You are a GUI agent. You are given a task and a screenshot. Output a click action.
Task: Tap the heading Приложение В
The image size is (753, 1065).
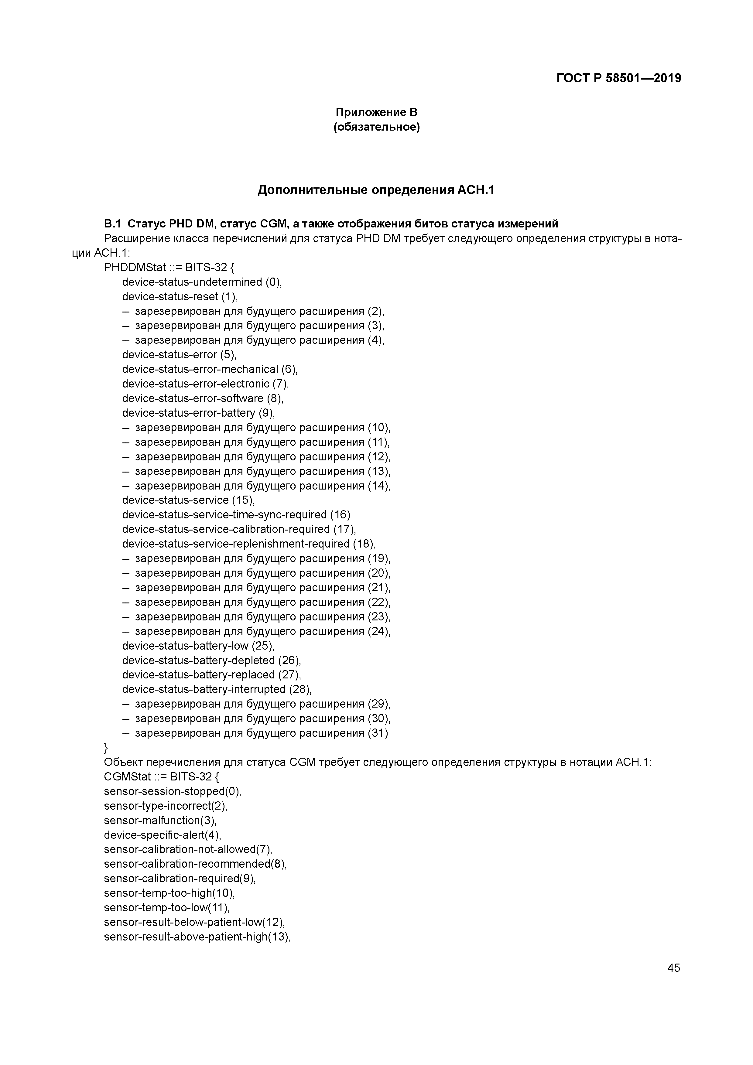(x=376, y=112)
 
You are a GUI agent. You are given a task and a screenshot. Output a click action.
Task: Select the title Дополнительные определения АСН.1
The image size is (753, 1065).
(x=376, y=190)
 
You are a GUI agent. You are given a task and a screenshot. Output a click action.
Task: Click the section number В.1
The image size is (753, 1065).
(x=113, y=224)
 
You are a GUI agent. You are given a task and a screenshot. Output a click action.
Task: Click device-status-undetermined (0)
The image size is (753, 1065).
(x=202, y=282)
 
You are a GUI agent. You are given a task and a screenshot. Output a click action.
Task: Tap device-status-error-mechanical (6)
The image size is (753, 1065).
(x=210, y=369)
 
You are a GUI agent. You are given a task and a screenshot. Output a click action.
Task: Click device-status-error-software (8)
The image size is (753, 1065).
(x=202, y=398)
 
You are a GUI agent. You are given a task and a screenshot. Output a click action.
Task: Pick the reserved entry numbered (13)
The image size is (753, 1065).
(x=257, y=471)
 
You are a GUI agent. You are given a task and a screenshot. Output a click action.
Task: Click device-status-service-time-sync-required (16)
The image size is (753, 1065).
(x=236, y=515)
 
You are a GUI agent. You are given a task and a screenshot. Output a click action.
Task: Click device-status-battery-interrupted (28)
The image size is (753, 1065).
(x=217, y=689)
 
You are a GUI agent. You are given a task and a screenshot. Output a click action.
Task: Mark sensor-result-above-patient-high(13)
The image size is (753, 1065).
(x=197, y=937)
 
